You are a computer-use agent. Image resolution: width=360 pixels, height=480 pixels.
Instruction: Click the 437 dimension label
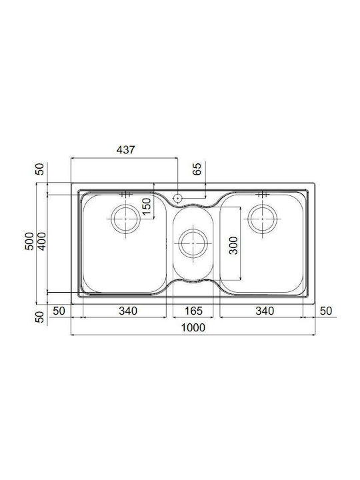(125, 150)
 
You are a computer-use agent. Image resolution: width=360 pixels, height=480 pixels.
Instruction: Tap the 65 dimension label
(197, 169)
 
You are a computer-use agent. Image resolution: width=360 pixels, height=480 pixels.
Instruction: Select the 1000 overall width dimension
(193, 327)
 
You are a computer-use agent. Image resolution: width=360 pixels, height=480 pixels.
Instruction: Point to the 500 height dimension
(29, 241)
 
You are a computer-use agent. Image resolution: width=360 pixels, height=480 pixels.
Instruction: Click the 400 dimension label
(41, 241)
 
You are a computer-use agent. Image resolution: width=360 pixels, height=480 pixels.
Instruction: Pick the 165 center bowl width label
(193, 311)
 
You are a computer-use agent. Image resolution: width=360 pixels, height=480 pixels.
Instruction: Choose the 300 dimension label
(233, 245)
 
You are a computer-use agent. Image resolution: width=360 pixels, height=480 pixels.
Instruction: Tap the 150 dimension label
(147, 207)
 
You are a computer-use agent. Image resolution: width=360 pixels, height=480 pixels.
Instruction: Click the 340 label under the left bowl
(128, 311)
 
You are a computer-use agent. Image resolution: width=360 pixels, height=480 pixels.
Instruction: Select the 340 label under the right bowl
(265, 311)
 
